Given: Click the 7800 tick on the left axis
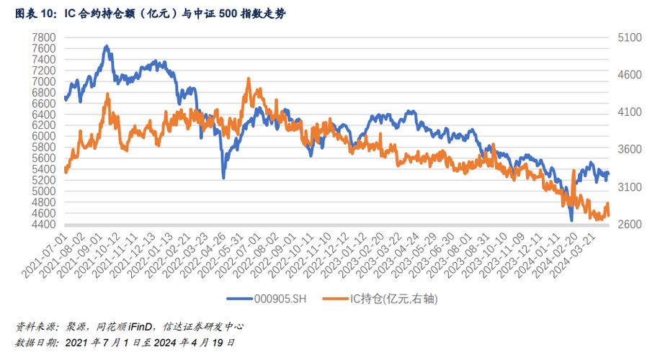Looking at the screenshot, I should point(45,37).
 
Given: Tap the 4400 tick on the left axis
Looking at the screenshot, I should point(45,224).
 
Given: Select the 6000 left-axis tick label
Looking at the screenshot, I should point(45,136).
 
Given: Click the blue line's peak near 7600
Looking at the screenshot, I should point(106,46).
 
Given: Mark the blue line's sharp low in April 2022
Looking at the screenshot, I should point(223,177).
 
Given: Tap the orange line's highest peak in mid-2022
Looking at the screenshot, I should point(249,78).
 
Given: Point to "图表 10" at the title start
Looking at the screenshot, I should point(32,13).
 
